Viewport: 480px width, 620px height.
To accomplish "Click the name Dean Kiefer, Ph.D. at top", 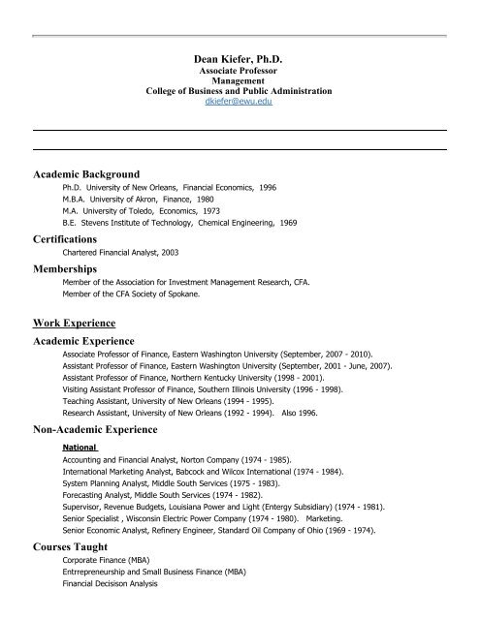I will click(x=238, y=60).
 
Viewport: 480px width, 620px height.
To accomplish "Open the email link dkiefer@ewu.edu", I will click(x=238, y=101).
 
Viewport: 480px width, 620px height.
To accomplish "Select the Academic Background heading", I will click(x=93, y=174).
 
